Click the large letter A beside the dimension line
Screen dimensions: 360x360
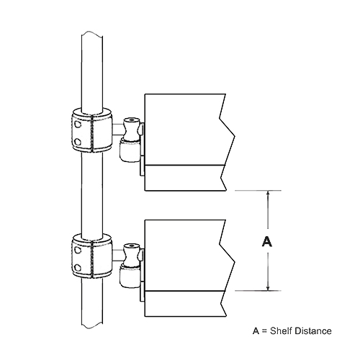point(267,241)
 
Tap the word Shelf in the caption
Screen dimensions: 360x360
point(282,330)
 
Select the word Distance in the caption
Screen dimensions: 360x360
point(313,330)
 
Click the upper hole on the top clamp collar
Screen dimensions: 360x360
point(77,125)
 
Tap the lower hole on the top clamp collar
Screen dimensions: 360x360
point(77,142)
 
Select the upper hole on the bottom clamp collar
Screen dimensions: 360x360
point(77,250)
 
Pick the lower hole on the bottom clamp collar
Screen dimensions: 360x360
point(77,267)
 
